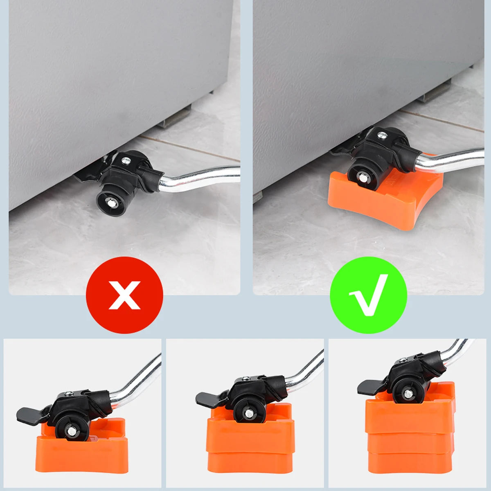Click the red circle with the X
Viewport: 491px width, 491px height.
[124, 295]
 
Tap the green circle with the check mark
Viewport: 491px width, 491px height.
[368, 295]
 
